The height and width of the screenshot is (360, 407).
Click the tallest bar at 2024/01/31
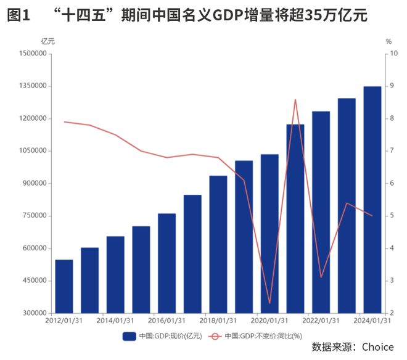[372, 200]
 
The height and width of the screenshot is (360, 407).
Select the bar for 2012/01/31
[64, 286]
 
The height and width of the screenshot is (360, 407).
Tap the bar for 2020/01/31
[269, 234]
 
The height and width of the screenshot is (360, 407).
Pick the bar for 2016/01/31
[166, 263]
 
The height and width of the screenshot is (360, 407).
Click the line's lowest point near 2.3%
[269, 303]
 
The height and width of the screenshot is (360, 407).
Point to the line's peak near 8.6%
[295, 99]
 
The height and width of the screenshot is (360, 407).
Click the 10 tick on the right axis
[390, 54]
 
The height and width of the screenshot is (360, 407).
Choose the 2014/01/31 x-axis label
[115, 321]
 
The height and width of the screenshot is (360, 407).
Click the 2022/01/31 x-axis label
[321, 321]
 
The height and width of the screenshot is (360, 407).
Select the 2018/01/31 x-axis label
[218, 321]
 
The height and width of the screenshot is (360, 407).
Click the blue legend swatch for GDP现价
[129, 336]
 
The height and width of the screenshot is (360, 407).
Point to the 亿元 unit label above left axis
[47, 41]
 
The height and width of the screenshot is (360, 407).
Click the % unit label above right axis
[388, 41]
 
